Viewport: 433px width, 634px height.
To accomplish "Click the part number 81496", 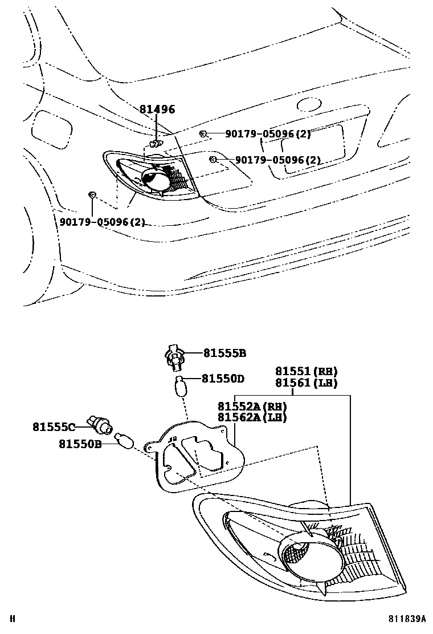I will tap(157, 110).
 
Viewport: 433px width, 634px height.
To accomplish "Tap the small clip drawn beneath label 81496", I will tap(154, 142).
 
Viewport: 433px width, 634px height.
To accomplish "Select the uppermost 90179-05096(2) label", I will tap(268, 134).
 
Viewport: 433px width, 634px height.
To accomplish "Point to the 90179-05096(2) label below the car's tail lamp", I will tap(102, 222).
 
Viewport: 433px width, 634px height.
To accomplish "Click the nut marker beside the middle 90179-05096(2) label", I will tap(213, 159).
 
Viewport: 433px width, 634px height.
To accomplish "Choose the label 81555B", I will tap(224, 353).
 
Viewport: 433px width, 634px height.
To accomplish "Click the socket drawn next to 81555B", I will tap(174, 356).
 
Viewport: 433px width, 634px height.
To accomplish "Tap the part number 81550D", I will tap(223, 378).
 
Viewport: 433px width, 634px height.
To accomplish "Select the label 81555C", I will tap(54, 425).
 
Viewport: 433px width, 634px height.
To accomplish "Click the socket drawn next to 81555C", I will tap(99, 425).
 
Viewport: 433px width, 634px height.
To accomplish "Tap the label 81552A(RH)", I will tap(252, 406).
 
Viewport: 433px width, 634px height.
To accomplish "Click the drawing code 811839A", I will tap(408, 618).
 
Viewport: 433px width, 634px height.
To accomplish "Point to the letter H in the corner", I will tap(13, 618).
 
